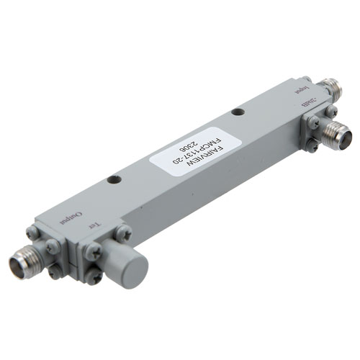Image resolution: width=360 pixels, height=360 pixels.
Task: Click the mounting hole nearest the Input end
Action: coord(238,113)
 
